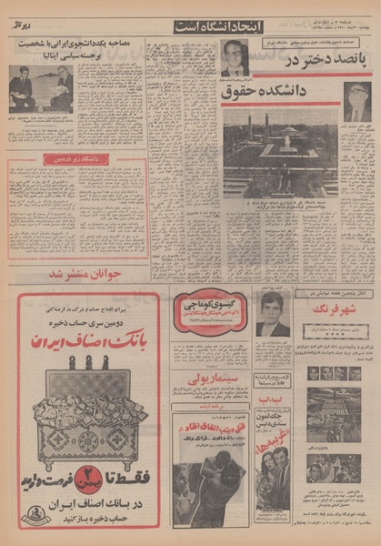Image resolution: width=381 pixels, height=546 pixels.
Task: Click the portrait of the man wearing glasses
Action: pyautogui.click(x=235, y=58)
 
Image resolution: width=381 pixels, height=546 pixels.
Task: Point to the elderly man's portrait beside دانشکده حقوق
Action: pyautogui.click(x=355, y=103)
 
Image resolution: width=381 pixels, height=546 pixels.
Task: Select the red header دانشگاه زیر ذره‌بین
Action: pyautogui.click(x=77, y=159)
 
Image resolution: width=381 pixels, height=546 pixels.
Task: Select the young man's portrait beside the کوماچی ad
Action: pyautogui.click(x=272, y=321)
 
